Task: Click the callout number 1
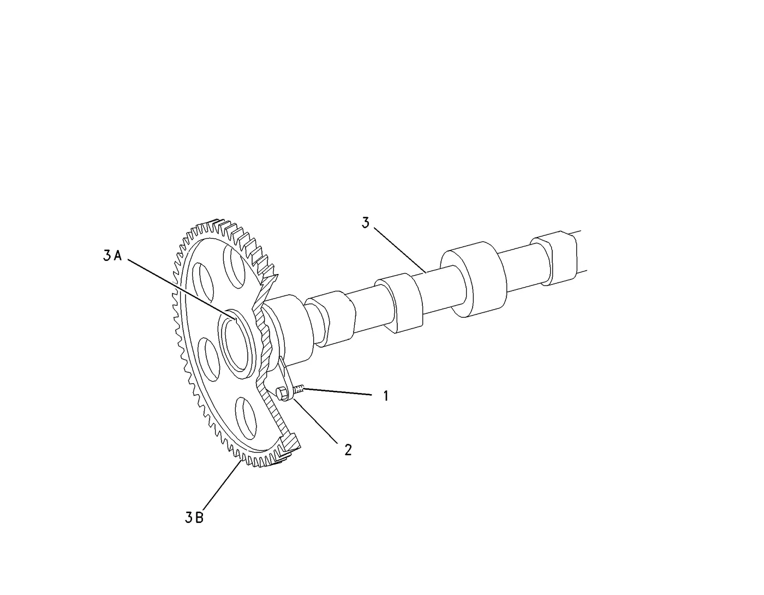point(386,396)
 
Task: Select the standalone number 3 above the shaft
point(366,223)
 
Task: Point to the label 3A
point(112,255)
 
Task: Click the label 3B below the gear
point(194,517)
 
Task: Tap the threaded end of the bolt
point(298,389)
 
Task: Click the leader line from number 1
point(337,392)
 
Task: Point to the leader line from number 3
point(400,250)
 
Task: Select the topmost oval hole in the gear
point(235,267)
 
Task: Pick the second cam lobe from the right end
point(474,279)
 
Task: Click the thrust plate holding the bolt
point(286,382)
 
